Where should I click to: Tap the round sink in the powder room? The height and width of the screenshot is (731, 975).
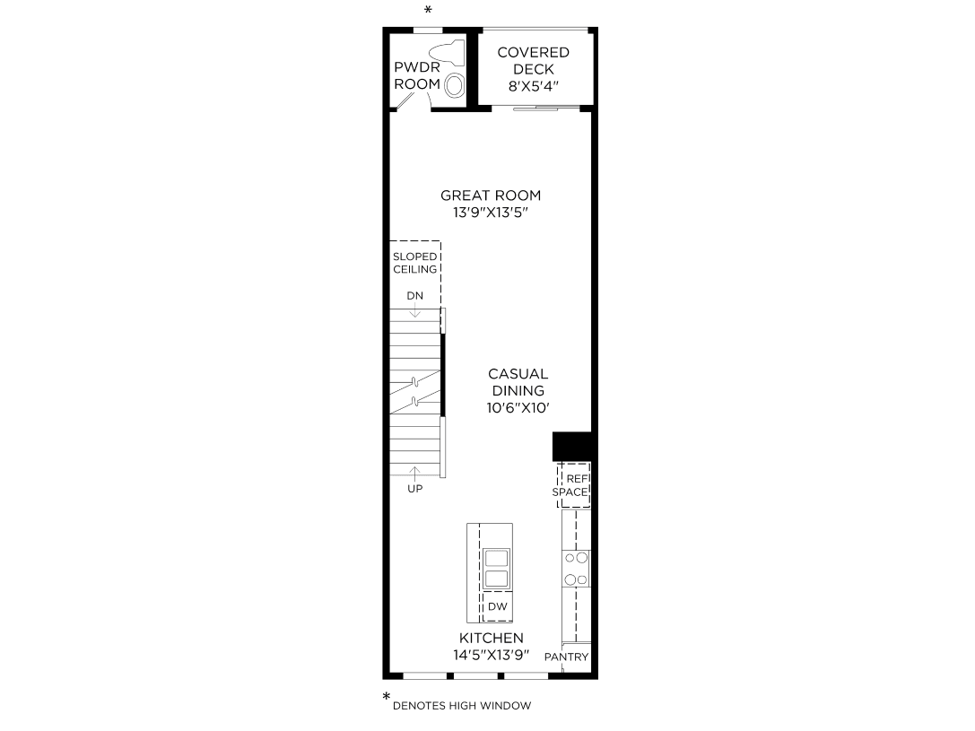point(455,85)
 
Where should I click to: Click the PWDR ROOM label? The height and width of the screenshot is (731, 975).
point(417,75)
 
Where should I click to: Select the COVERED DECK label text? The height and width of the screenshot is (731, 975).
point(533,61)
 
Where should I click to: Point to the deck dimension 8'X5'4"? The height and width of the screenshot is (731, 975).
point(534,87)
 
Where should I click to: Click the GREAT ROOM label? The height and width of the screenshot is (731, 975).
point(491,196)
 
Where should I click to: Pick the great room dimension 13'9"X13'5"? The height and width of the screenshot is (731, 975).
point(491,213)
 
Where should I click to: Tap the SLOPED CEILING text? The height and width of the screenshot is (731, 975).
point(415,263)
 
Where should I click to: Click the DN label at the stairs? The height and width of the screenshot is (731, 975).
point(414,296)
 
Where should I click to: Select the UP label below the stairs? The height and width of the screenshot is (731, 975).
point(414,489)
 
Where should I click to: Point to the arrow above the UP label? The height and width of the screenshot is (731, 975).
point(414,473)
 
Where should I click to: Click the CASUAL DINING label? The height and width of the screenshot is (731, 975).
point(518,382)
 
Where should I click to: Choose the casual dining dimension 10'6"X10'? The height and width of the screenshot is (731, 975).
point(518,408)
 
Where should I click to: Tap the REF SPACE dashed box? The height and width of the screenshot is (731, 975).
point(574,485)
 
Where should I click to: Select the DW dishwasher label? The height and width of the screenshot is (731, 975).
point(498,607)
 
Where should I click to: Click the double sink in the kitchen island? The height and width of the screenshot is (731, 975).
point(497,568)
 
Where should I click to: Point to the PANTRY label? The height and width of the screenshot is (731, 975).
point(567,657)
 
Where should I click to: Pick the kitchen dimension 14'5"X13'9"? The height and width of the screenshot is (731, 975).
point(492,656)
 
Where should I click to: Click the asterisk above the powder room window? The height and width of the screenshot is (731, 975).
point(428,10)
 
